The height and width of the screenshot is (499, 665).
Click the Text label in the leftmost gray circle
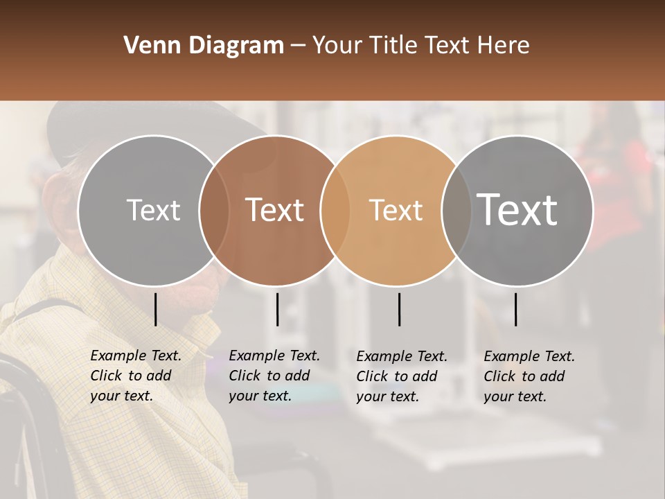153,210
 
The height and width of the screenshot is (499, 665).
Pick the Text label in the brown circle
275,210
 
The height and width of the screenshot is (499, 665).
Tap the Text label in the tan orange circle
396,210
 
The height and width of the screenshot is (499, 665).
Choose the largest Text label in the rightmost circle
517,209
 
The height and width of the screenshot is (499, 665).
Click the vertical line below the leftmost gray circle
156,309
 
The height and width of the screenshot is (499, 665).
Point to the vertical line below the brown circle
278,309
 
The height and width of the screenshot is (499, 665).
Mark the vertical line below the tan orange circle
400,309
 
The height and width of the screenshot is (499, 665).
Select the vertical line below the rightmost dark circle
516,309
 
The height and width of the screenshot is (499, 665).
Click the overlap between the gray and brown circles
214,210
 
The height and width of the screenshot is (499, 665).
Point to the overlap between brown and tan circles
335,210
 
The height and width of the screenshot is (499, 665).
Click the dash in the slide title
298,46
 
